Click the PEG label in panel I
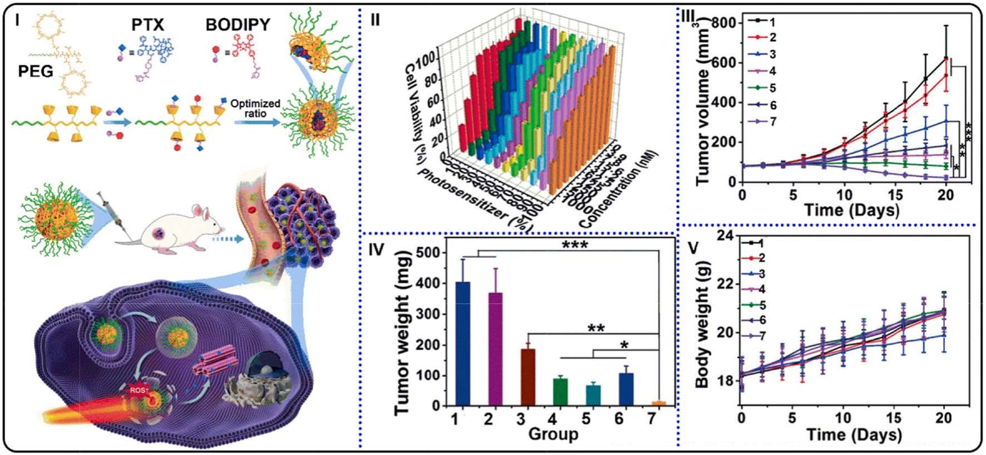36,71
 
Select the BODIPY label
238,25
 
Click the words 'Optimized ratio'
255,109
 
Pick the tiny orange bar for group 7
658,403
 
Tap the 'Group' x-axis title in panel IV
553,434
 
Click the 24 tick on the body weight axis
725,236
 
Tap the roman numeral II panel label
376,20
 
